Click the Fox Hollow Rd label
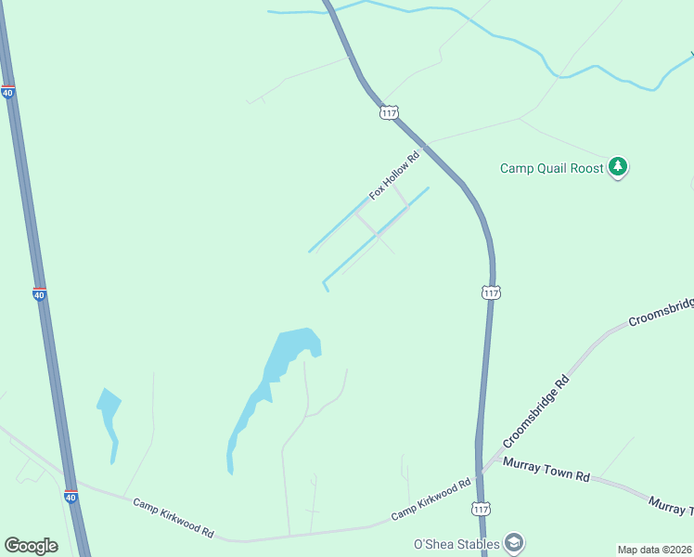(x=394, y=175)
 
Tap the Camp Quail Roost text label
(x=552, y=168)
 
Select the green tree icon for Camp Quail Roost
(x=618, y=167)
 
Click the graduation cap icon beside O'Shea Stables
(x=514, y=543)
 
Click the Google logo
(x=31, y=546)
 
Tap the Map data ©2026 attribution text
(x=655, y=550)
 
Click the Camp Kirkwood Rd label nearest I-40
(x=173, y=518)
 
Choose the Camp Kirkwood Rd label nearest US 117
(x=431, y=499)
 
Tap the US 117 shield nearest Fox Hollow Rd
(x=389, y=112)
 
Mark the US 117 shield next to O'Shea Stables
(x=481, y=509)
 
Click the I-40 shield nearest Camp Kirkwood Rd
(x=71, y=498)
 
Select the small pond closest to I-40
(x=109, y=413)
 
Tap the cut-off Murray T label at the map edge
(x=670, y=507)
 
